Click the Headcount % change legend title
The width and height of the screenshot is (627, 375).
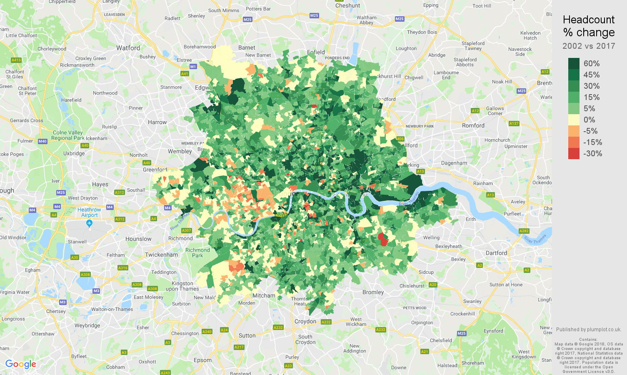[589, 26]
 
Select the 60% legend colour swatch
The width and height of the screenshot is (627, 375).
[574, 63]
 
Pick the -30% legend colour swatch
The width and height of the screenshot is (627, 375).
[574, 153]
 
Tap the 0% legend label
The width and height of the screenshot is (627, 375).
[589, 120]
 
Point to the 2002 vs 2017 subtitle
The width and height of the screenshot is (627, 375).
[589, 46]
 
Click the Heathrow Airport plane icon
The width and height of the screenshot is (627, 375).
[89, 223]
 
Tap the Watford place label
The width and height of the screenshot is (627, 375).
[128, 48]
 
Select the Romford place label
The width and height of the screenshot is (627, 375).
[473, 125]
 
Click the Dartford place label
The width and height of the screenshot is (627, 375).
[496, 253]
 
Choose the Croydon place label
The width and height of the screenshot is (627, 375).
[305, 321]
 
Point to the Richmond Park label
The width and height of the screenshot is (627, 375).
[197, 253]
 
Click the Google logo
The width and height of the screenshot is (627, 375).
[21, 364]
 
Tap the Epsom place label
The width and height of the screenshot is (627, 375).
[202, 360]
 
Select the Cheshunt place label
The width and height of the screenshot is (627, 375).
[347, 5]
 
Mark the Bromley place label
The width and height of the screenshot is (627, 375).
[373, 292]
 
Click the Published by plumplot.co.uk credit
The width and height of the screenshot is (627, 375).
[588, 329]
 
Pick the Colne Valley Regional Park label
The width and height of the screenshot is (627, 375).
[68, 135]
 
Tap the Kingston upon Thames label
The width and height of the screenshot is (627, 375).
[182, 286]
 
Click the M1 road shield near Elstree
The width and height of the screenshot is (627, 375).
[193, 67]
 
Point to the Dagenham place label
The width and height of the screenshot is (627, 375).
[454, 163]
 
